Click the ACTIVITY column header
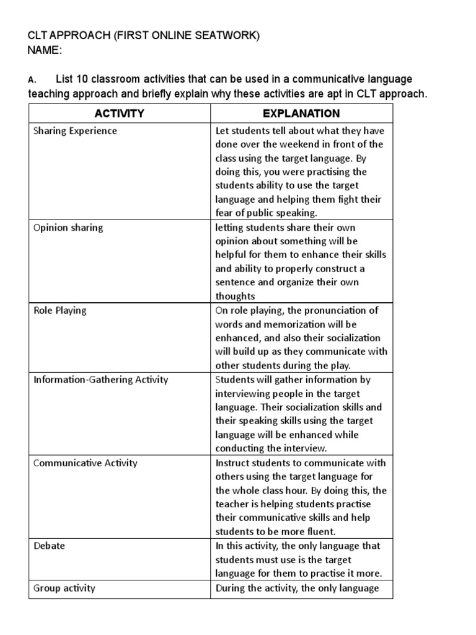(119, 113)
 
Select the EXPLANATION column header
(301, 113)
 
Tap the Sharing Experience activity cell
(75, 131)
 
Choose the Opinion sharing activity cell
(68, 228)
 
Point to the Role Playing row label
(60, 311)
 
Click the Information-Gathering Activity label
(100, 380)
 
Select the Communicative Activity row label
(86, 463)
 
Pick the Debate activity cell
(49, 546)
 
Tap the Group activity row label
(64, 588)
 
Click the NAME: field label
(45, 51)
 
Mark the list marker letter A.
(31, 80)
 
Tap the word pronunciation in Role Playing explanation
(338, 311)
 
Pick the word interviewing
(245, 394)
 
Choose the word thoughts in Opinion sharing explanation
(235, 296)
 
